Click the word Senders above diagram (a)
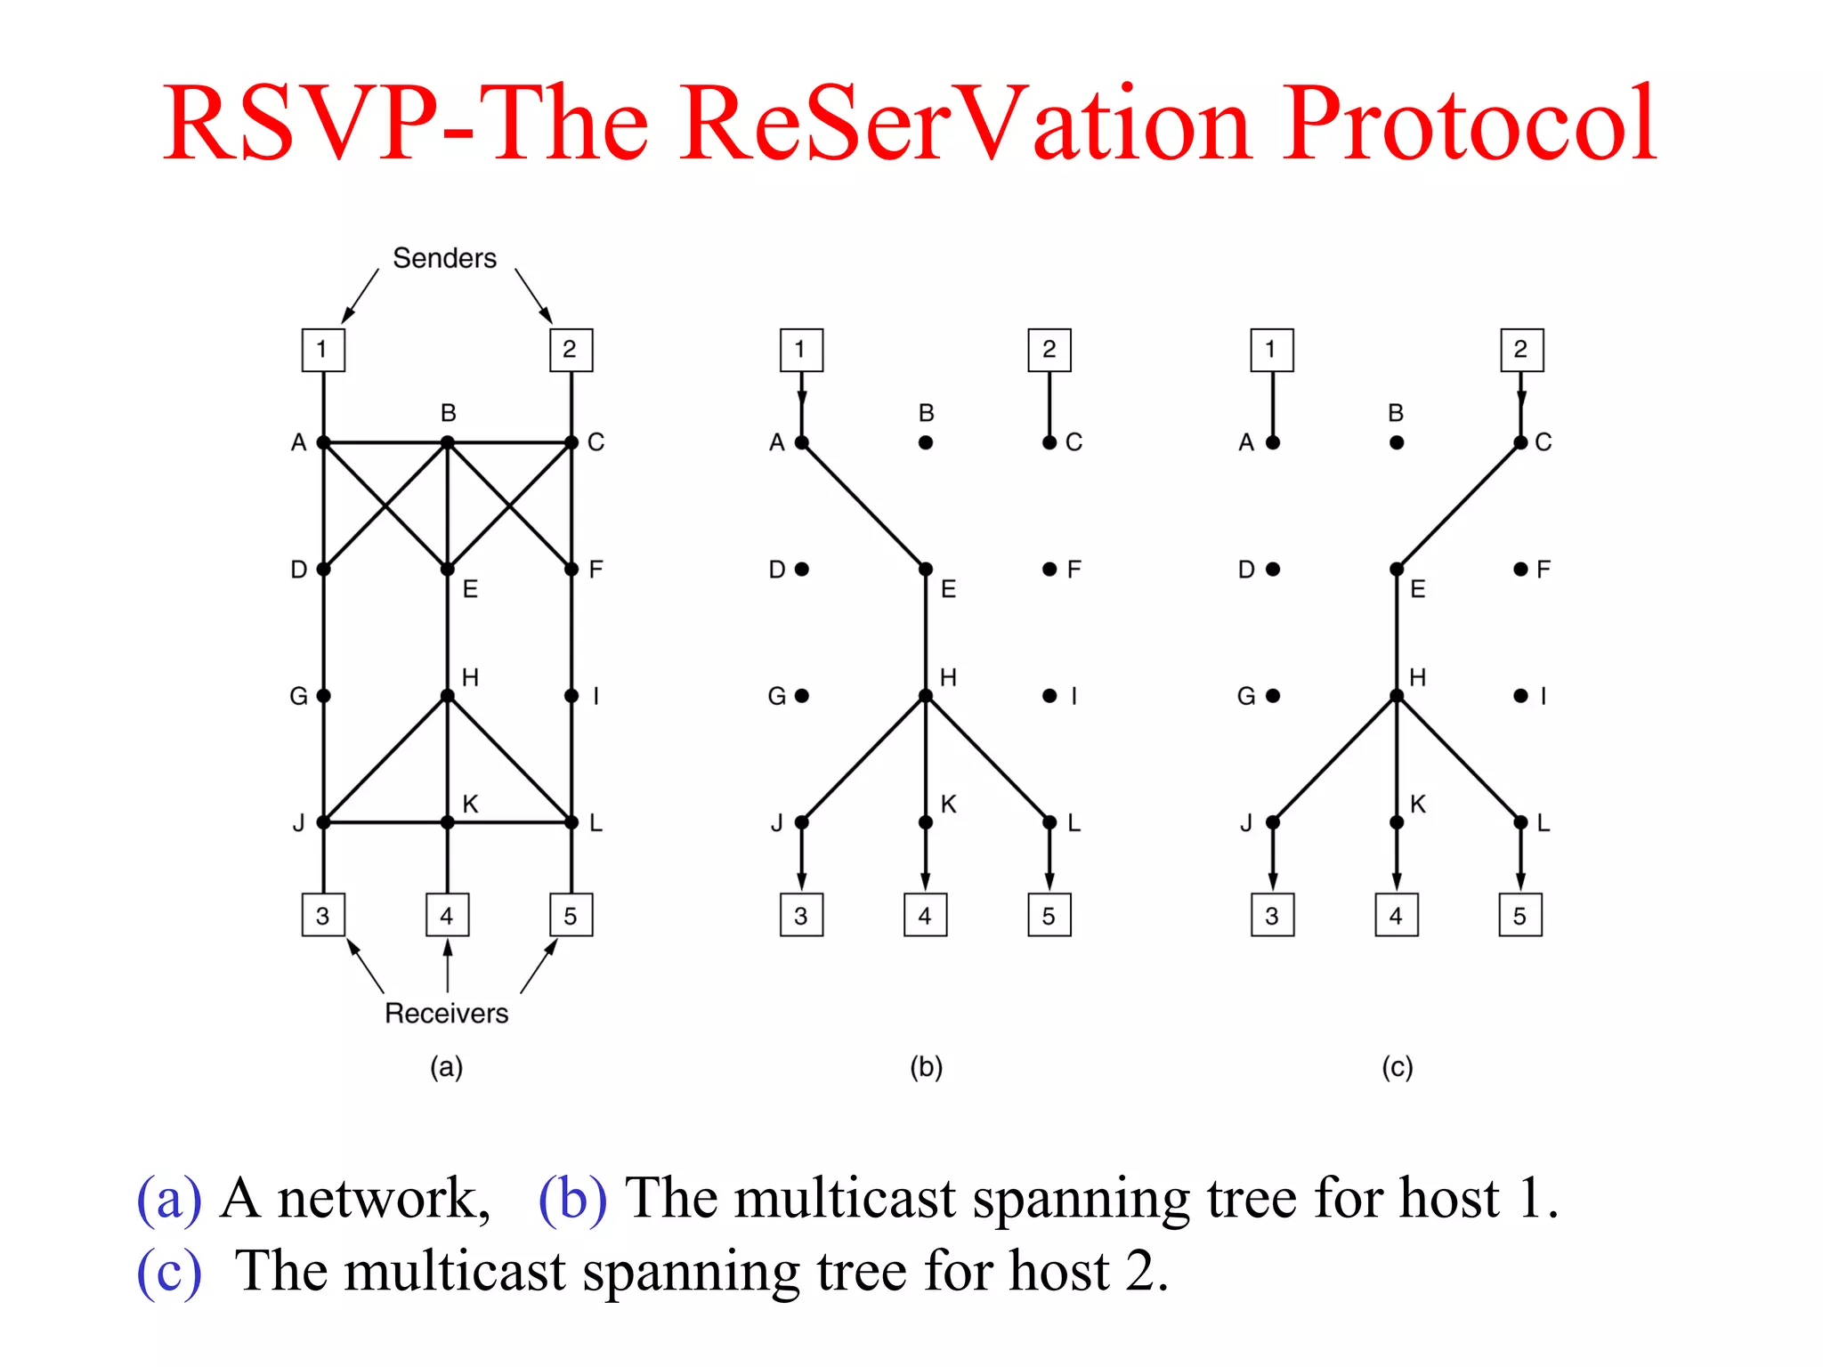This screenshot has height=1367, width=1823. click(444, 258)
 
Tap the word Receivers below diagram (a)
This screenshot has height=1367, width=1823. click(446, 1013)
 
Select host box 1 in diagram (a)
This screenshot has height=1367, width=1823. click(323, 350)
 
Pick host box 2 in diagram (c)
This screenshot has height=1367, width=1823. click(1521, 350)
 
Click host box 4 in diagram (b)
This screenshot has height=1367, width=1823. click(926, 915)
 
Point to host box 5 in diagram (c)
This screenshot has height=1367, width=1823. click(1520, 915)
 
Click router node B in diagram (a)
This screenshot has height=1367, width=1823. click(448, 442)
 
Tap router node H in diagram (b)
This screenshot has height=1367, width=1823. click(926, 696)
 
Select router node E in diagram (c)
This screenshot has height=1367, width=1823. click(1397, 570)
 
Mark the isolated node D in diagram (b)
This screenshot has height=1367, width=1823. click(802, 570)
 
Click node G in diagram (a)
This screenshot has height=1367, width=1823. click(323, 696)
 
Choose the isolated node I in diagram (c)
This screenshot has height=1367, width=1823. click(1520, 696)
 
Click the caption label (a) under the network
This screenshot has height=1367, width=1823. click(446, 1066)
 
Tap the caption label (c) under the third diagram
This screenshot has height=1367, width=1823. click(1397, 1066)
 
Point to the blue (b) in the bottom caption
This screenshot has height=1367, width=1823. click(572, 1198)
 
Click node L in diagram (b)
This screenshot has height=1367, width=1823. click(1049, 822)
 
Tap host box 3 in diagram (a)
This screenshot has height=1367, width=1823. click(323, 915)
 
